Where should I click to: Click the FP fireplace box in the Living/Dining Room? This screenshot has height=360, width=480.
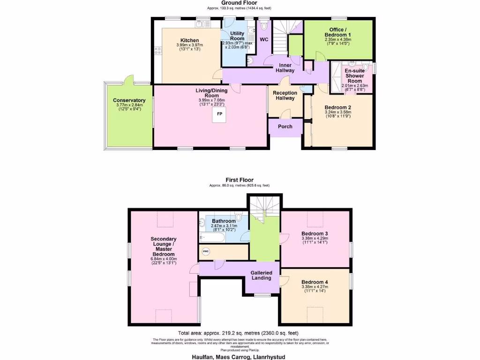coord(219,114)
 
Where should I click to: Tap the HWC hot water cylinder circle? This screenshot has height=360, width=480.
coord(205,252)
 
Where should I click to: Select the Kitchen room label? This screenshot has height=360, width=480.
coord(189,40)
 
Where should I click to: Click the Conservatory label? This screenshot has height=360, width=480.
coord(129,100)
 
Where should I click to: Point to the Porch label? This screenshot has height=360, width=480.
coord(285,127)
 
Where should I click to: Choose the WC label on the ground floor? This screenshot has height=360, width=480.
coord(264,39)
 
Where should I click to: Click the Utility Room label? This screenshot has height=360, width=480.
coord(237,36)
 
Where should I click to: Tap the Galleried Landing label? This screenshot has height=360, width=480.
coord(261,275)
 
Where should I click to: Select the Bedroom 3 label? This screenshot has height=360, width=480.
coord(315,233)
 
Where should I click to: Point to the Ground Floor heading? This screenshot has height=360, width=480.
coord(239,3)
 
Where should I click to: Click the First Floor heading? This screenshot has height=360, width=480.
coord(239,180)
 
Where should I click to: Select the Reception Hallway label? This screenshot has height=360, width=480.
coord(285,95)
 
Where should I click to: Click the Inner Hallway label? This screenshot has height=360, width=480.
coord(286,67)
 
